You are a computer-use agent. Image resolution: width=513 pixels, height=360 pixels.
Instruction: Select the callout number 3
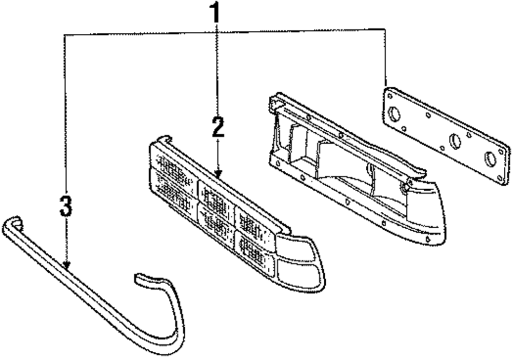(66, 206)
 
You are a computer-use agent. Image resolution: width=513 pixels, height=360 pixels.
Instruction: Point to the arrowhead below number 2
(219, 174)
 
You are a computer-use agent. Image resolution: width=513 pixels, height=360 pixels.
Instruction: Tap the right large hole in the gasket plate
(491, 159)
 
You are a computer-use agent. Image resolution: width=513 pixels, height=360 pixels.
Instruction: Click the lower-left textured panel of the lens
(173, 193)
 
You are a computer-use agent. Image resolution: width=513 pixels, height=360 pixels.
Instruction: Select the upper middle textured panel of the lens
(214, 196)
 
